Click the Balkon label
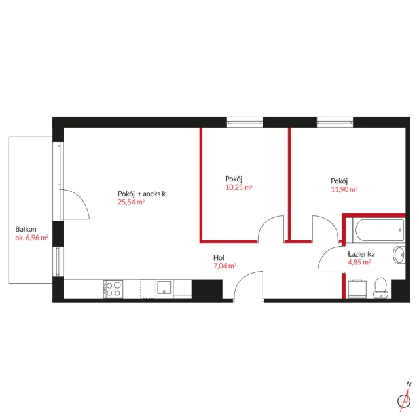[26, 229]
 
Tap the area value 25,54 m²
[131, 202]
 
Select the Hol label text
[219, 257]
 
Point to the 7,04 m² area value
[225, 266]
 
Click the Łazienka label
[361, 253]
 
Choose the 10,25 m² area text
[239, 187]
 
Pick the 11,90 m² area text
[344, 189]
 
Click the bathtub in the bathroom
[379, 230]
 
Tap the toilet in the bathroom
[380, 287]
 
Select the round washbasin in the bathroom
[399, 255]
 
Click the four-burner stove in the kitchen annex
[113, 289]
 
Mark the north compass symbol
[405, 397]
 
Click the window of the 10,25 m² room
[244, 122]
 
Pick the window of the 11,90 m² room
[335, 122]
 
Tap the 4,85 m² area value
[359, 262]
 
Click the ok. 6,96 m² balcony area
[32, 238]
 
